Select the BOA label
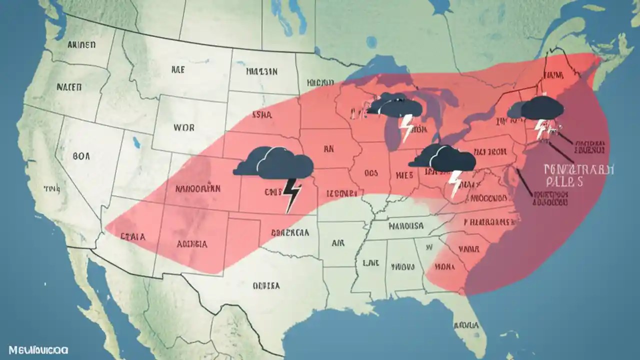[x=81, y=156]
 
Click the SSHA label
[x=263, y=115]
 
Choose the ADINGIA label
[x=192, y=244]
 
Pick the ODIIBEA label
[x=266, y=285]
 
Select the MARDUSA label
[x=406, y=226]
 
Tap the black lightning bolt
[x=292, y=194]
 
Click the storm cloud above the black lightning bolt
[x=274, y=163]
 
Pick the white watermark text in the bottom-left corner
[x=34, y=350]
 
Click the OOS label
[x=371, y=174]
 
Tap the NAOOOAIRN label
[x=198, y=189]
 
